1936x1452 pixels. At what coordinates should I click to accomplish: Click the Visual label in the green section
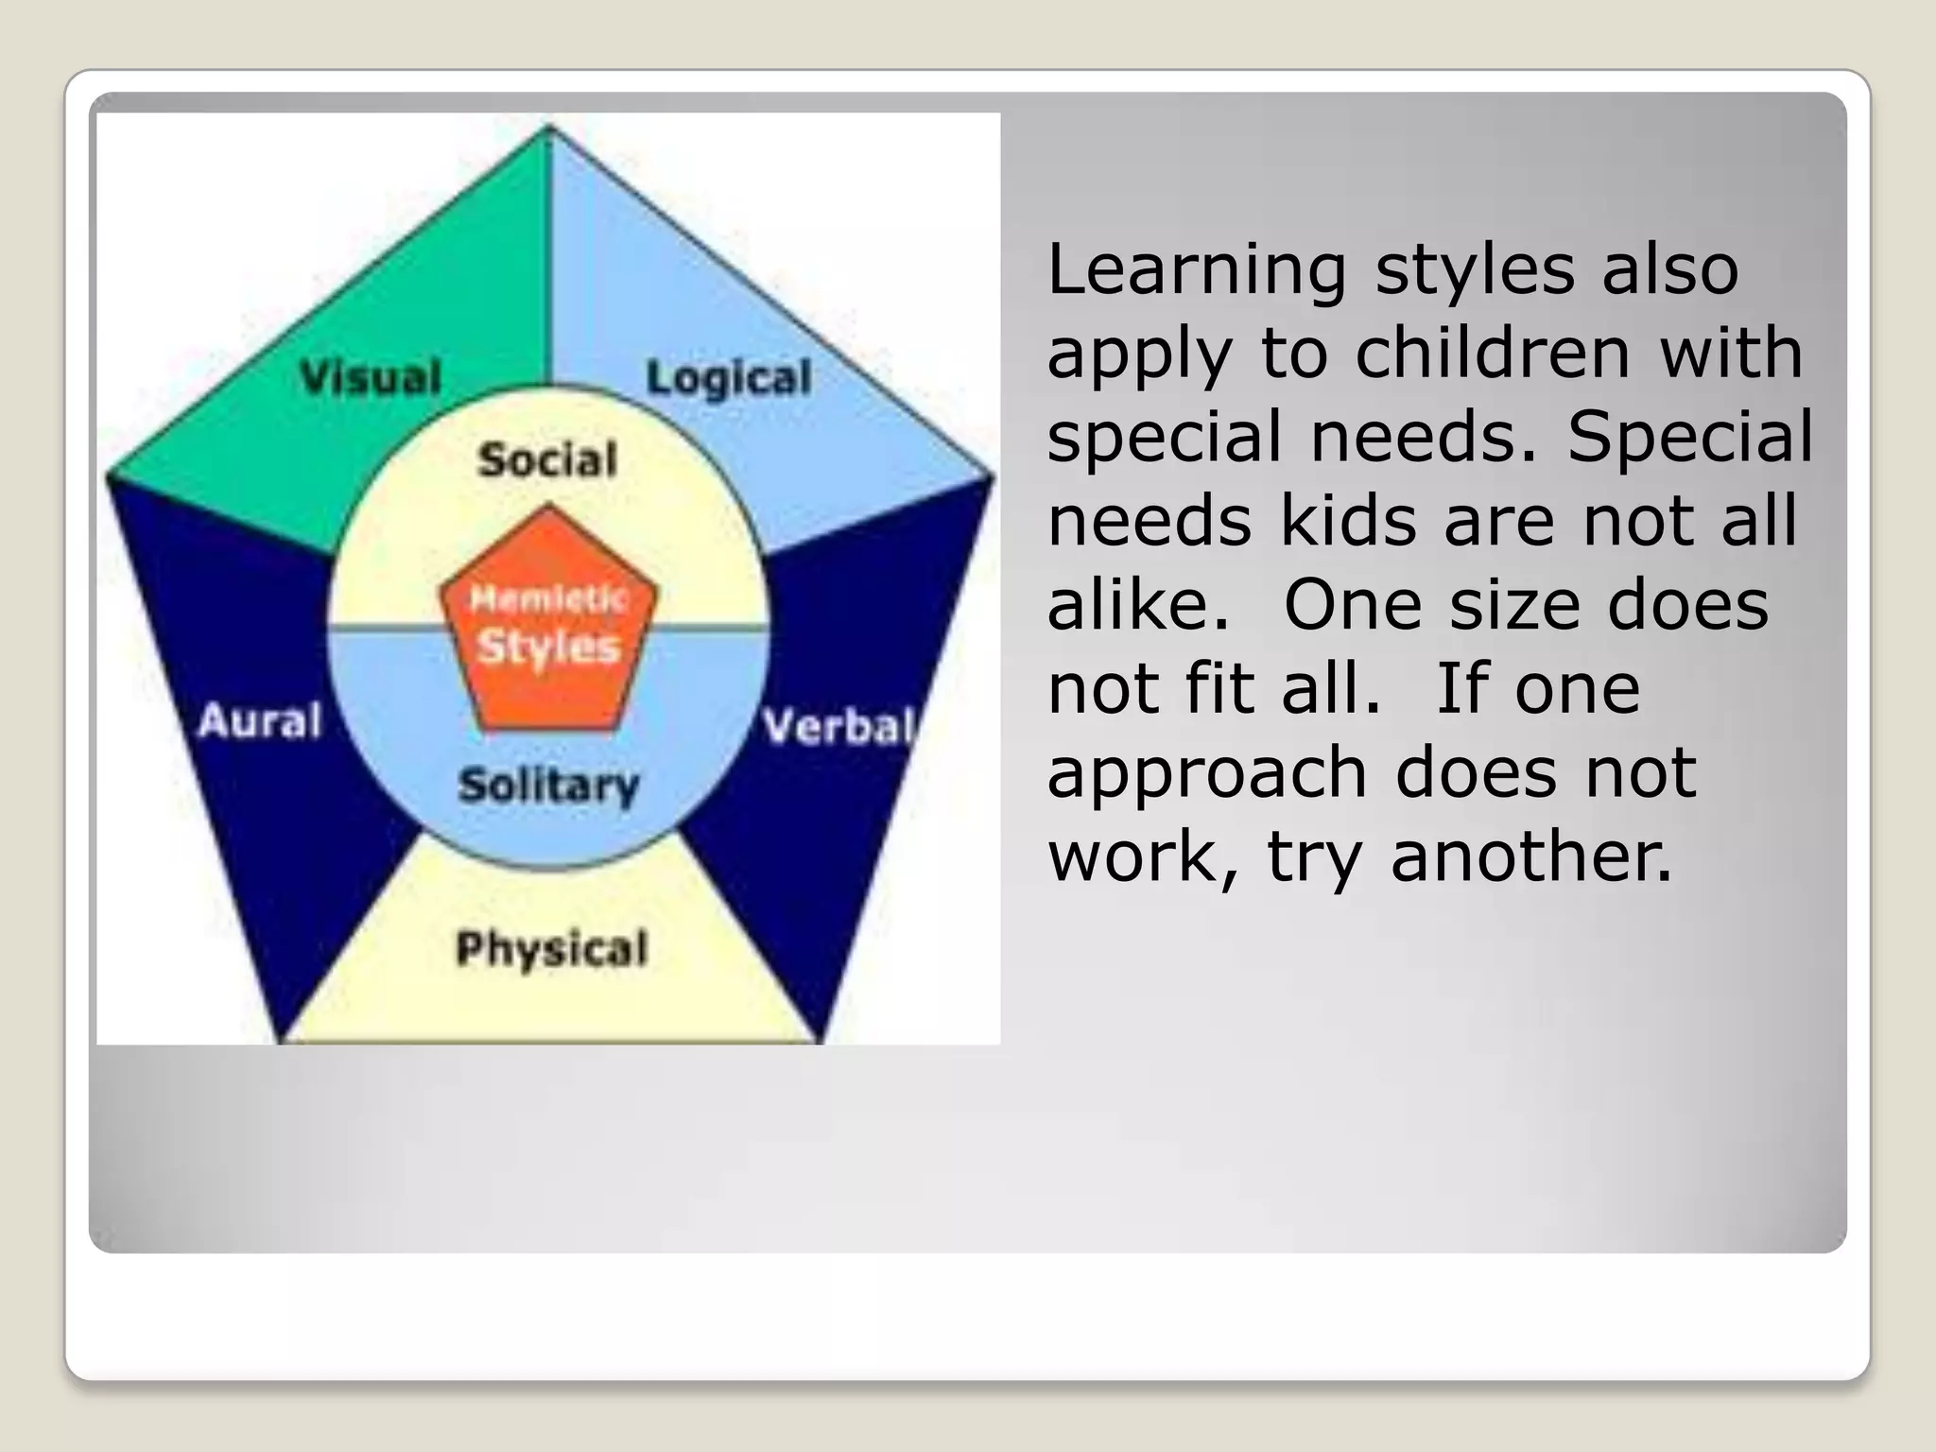tap(371, 377)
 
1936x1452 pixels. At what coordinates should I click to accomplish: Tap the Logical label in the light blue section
tap(729, 378)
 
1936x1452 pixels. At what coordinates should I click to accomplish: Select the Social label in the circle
tap(547, 460)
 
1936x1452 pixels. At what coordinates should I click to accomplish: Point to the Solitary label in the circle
tap(548, 786)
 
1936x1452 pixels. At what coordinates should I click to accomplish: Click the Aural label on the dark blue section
tap(260, 721)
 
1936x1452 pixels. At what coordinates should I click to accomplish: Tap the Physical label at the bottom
tap(552, 948)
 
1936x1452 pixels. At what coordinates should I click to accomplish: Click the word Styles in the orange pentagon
tap(548, 648)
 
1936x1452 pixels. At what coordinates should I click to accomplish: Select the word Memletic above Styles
tap(548, 598)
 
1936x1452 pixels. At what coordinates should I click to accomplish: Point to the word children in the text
tap(1493, 354)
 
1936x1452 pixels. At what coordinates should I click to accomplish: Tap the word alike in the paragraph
tap(1138, 605)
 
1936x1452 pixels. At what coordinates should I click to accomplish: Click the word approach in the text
tap(1207, 772)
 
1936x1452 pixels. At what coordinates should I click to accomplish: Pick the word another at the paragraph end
tap(1531, 856)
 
